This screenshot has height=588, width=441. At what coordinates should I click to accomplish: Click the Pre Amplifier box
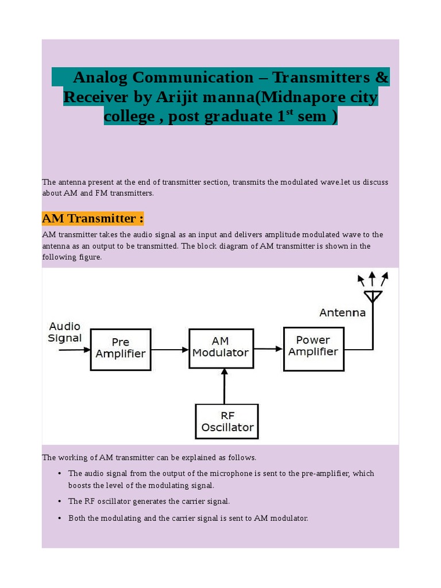pos(121,349)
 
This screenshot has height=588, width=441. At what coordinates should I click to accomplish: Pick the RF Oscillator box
pos(227,421)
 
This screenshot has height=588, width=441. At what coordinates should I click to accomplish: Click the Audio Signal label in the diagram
pos(64,332)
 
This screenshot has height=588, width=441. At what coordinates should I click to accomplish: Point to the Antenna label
pos(342,313)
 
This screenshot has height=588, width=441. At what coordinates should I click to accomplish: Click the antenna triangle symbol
pos(373,296)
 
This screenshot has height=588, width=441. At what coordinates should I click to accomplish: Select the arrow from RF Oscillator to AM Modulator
pos(224,386)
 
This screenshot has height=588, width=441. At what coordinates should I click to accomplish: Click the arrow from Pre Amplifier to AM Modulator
pos(170,349)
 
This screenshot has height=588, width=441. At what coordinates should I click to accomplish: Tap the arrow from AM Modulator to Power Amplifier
pos(268,348)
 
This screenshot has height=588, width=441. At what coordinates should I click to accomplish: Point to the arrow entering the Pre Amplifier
pos(75,349)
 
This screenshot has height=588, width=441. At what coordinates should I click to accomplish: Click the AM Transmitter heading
pos(92,218)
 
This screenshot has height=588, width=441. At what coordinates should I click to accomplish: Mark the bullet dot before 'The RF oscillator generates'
pos(60,501)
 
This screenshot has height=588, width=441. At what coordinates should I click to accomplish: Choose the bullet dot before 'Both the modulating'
pos(60,518)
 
